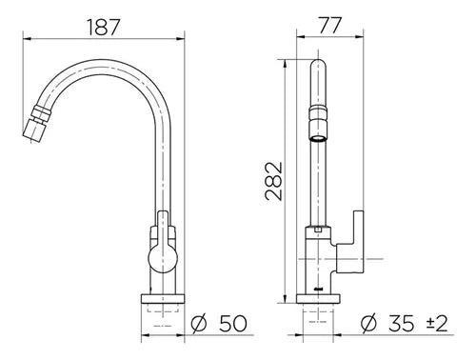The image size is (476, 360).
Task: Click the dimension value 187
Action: click(104, 27)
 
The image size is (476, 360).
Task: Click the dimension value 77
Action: click(330, 25)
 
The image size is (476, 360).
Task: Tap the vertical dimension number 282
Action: click(273, 181)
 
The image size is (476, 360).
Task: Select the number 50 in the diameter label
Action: click(233, 324)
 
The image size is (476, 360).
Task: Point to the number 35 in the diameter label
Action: click(402, 324)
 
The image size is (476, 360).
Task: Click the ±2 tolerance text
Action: click(437, 324)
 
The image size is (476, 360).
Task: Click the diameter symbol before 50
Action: click(199, 324)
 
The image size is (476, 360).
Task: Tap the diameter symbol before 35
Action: click(368, 324)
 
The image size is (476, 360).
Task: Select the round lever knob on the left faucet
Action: click(163, 259)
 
